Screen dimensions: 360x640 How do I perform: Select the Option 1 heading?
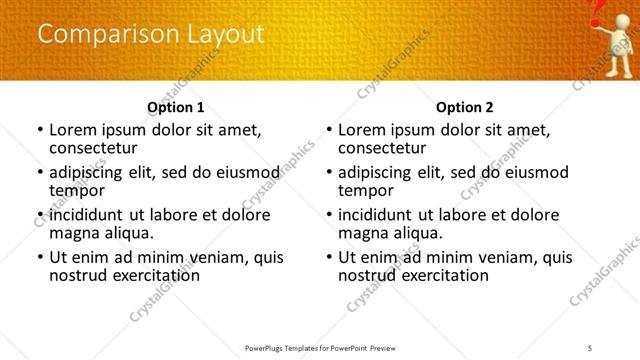tap(175, 107)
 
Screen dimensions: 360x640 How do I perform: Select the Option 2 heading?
tap(464, 107)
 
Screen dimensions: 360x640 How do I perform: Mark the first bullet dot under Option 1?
tap(39, 129)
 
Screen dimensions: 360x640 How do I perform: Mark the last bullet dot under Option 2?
tap(328, 257)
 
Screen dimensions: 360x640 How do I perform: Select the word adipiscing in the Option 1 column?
tap(89, 172)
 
